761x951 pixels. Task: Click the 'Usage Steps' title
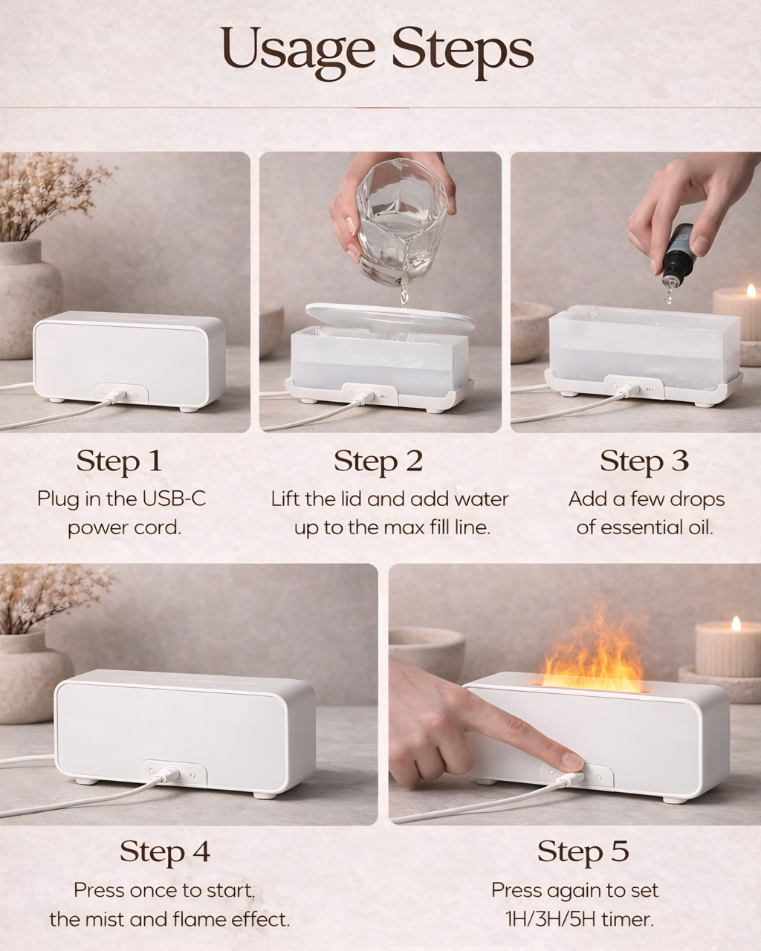377,50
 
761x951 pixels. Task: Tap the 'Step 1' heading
119,461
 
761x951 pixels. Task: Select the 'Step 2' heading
378,461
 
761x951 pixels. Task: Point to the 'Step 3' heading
644,461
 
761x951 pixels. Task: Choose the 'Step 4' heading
165,851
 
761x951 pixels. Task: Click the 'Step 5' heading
583,851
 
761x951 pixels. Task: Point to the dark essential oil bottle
677,253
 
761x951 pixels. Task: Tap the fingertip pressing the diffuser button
571,762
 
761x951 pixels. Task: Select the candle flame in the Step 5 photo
736,623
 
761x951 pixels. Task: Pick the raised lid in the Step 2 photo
390,318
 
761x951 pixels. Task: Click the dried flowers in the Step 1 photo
41,193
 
